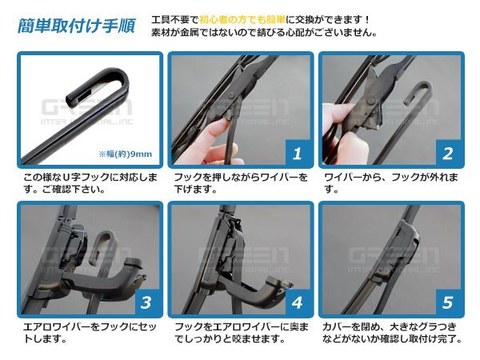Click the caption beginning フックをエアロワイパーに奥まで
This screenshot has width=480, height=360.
[x=240, y=333]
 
